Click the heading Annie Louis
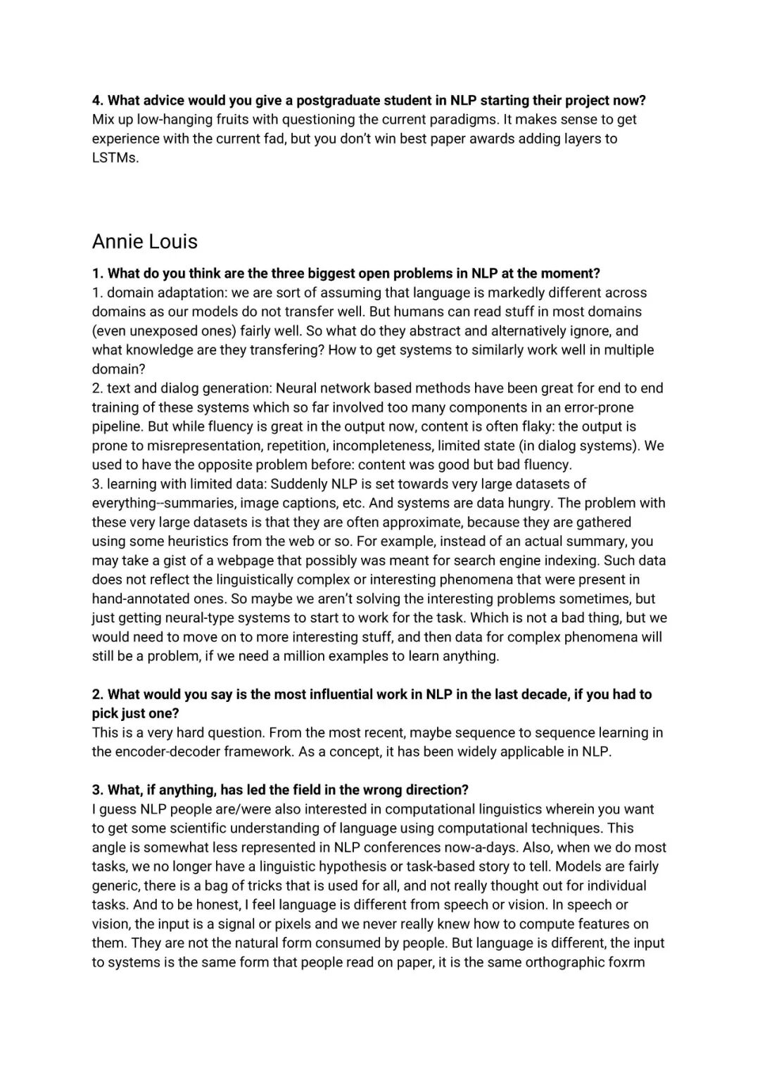click(x=144, y=241)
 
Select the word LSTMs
click(x=115, y=158)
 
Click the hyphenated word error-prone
click(x=593, y=407)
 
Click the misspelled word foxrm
click(x=626, y=962)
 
